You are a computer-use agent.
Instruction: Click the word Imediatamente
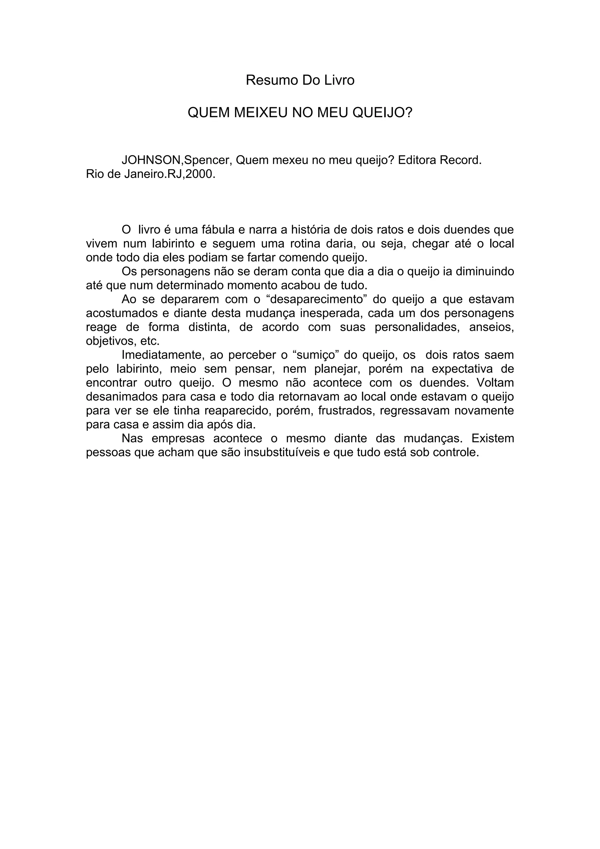(163, 355)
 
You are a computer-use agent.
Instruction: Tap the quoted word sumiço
(316, 355)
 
